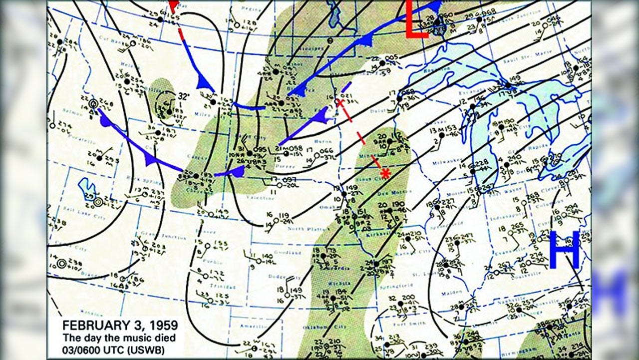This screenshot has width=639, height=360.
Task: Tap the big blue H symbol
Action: [565, 250]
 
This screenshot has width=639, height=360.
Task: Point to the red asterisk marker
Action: [385, 173]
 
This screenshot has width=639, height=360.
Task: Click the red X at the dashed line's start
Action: [340, 103]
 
